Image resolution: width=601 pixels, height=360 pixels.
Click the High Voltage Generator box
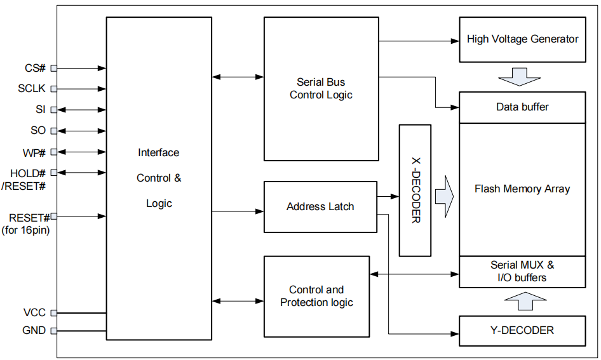[522, 39]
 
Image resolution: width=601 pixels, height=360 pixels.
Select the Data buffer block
[522, 107]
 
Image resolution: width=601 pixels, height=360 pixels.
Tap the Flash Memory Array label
[522, 189]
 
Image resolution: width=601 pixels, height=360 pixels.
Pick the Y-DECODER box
[522, 330]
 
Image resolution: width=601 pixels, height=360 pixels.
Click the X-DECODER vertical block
[415, 190]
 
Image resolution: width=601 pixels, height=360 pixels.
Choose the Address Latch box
[320, 207]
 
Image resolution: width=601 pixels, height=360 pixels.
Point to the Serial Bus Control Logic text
[321, 89]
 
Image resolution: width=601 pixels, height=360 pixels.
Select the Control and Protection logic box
[316, 297]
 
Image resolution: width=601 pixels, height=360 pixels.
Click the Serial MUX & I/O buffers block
[522, 272]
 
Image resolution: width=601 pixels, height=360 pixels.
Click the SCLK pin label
[32, 89]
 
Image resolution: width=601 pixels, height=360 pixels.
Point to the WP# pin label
[34, 152]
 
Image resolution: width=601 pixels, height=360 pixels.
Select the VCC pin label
[34, 313]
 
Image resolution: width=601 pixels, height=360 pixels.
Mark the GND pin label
[34, 331]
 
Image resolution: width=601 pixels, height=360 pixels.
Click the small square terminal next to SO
[53, 131]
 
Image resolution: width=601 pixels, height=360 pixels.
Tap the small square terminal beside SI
[53, 110]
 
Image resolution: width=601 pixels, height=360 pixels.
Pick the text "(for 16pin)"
[26, 230]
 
